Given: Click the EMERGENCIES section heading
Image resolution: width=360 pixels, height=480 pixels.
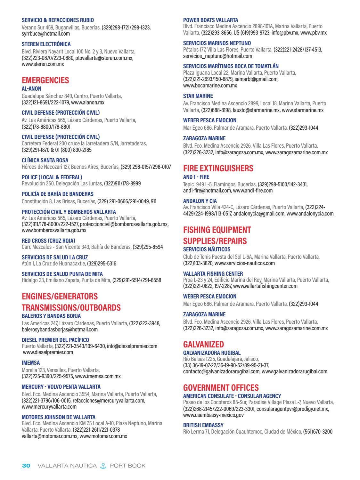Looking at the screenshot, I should point(45,80).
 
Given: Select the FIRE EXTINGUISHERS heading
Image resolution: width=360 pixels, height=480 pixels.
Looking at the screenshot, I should point(218,168).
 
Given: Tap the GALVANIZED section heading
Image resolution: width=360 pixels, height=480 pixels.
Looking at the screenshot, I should point(203,344).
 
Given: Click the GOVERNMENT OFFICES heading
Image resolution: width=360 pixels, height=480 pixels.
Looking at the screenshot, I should point(221,387).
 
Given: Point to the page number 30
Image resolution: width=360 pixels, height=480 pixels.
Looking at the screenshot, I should point(26,465).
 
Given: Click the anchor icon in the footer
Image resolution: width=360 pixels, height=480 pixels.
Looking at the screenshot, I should point(103,466).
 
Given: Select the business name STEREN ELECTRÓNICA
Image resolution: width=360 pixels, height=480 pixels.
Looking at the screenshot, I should point(46,44).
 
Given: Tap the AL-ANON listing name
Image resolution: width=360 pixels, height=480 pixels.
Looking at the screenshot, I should point(31,89).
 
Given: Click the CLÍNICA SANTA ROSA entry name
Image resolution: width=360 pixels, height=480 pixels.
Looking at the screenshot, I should point(45,160).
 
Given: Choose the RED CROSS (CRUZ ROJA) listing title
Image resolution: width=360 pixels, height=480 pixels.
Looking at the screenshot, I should point(48,240).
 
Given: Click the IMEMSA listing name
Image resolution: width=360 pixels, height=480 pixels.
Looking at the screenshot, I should point(31,363).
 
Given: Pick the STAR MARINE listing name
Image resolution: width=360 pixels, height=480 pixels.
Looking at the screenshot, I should point(198,96).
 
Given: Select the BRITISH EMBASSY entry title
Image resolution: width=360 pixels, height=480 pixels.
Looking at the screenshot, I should point(203,425).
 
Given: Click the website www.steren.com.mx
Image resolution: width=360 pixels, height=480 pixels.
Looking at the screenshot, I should point(43,64).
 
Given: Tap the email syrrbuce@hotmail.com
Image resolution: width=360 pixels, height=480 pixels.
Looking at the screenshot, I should point(46,34).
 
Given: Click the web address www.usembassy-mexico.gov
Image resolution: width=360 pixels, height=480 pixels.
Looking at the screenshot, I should point(213,415).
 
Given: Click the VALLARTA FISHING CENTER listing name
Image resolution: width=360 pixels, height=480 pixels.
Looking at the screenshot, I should point(213,274).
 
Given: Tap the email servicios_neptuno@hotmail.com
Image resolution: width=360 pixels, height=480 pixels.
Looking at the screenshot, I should point(217,56).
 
